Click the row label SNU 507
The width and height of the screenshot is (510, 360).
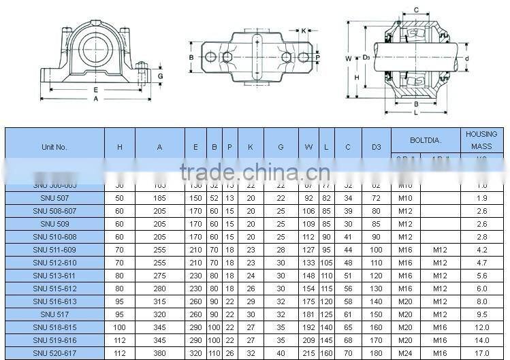click(x=54, y=197)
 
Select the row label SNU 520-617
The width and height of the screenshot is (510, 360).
click(x=54, y=353)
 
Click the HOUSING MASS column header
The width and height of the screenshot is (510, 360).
click(x=481, y=140)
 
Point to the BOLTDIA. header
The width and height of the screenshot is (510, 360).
click(x=426, y=140)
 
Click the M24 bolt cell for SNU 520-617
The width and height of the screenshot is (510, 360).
click(x=405, y=353)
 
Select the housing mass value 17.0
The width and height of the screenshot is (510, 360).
click(x=481, y=353)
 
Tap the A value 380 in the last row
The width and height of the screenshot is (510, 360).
click(x=159, y=353)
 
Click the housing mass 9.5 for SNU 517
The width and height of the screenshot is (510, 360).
click(x=481, y=314)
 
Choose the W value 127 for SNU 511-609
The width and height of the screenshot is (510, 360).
click(x=308, y=250)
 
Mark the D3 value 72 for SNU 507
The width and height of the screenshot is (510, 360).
click(x=376, y=197)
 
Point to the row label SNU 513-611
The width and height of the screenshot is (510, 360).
click(x=54, y=276)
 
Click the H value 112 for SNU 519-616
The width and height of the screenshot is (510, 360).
click(x=119, y=340)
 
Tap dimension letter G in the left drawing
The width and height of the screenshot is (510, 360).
click(x=160, y=76)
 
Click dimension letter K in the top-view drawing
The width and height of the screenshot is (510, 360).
click(x=304, y=31)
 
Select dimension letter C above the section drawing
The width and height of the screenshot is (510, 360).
click(x=416, y=10)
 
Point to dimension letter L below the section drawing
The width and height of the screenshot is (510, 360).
click(x=416, y=112)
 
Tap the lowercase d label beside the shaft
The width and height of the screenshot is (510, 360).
click(x=466, y=59)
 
